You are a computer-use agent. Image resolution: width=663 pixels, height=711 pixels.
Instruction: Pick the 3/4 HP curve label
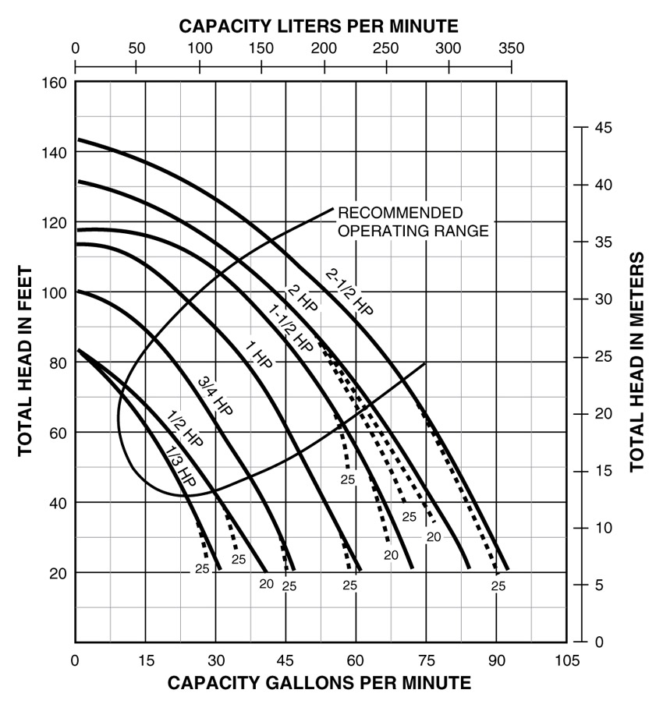(216, 396)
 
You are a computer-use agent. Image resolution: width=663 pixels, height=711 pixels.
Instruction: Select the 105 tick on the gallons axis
(566, 660)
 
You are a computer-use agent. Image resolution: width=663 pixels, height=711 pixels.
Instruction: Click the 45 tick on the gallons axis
(285, 660)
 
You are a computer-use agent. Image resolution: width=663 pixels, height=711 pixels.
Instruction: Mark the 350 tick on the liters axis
(511, 47)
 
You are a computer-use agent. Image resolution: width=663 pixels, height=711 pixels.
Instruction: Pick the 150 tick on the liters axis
(261, 47)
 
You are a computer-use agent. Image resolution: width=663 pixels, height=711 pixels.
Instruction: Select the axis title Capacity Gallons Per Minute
(320, 684)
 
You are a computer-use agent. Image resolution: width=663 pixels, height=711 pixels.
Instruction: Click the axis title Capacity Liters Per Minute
(319, 26)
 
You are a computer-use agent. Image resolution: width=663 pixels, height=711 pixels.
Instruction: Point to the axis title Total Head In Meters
(637, 362)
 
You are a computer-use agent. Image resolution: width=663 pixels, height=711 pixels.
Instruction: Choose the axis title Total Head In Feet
(24, 362)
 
